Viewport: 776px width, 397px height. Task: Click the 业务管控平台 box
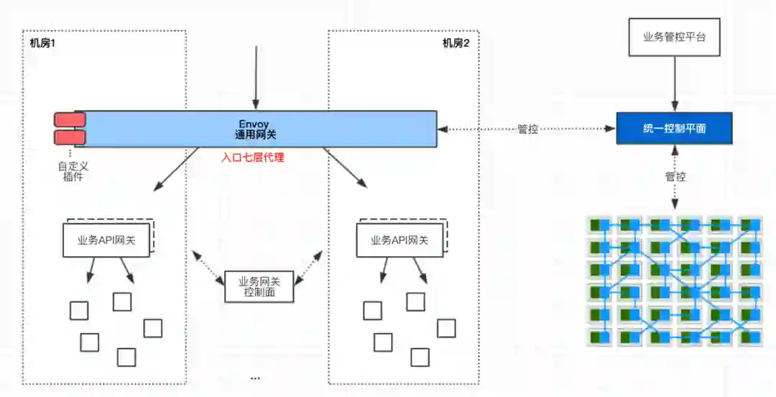point(673,37)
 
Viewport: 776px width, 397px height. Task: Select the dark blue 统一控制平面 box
point(674,128)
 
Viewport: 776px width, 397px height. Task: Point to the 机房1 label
point(43,42)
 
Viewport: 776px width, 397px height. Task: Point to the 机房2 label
point(456,42)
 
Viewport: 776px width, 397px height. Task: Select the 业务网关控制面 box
point(258,286)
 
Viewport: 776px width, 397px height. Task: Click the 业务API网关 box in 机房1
point(106,239)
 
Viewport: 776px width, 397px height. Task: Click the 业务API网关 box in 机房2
point(399,239)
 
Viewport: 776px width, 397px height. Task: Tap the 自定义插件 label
point(73,171)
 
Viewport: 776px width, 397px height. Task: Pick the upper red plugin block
point(70,119)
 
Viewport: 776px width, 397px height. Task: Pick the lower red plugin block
point(70,137)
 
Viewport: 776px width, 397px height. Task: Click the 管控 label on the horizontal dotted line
point(528,129)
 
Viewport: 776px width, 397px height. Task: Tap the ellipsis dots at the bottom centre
point(254,378)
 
